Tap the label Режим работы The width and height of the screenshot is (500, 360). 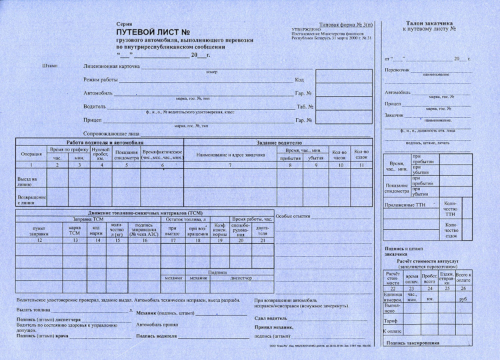coord(101,80)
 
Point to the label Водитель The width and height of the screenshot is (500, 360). coord(95,107)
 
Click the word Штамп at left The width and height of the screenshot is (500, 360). coord(49,66)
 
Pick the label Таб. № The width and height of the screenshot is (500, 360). coord(305,107)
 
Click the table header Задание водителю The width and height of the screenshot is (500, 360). coord(279,143)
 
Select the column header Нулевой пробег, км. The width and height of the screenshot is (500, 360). coord(101,154)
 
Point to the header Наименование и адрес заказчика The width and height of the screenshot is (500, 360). coord(230,155)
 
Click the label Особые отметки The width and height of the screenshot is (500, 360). coord(293,217)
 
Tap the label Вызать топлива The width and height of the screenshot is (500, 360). coord(33,310)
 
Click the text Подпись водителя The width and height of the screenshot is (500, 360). coord(157,336)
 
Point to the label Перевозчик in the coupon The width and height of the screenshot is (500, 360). coord(397,70)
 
